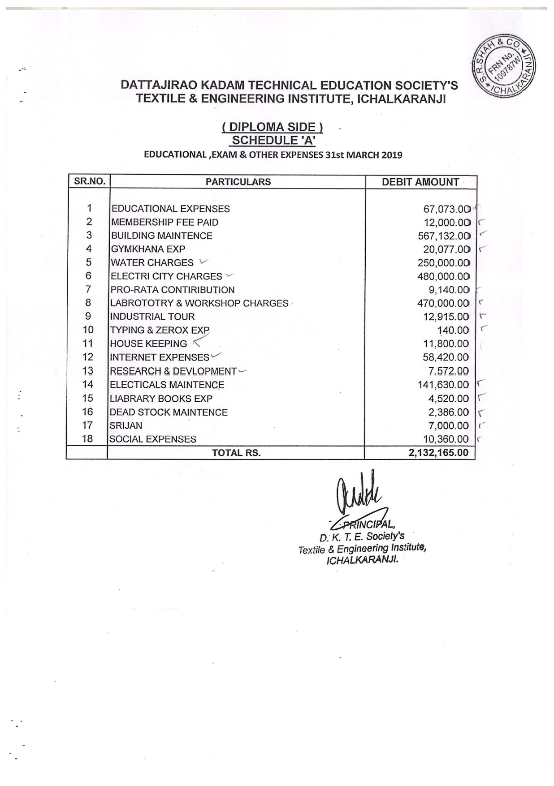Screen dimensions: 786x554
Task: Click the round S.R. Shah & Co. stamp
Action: (505, 65)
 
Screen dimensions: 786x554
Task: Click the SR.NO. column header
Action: (89, 181)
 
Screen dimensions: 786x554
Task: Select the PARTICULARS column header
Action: (238, 182)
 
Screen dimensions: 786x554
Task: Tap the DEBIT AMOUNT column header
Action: (420, 182)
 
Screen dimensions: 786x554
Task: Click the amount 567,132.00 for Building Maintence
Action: (444, 236)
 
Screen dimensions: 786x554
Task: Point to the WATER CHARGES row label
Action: (152, 263)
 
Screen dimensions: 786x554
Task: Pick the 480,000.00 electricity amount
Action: (443, 277)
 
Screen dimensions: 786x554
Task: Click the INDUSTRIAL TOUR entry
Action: (152, 317)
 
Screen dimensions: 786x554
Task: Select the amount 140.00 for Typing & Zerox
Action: (453, 331)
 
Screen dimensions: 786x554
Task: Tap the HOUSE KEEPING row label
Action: (148, 344)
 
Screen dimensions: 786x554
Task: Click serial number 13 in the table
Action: (88, 371)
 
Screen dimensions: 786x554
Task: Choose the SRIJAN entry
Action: (126, 425)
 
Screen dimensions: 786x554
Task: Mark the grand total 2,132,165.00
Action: (438, 453)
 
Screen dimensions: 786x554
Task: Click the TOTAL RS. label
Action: (236, 453)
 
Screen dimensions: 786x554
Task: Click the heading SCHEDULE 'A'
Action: (273, 140)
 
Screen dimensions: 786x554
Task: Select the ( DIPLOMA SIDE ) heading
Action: (273, 128)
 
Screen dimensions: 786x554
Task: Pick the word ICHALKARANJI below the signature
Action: (362, 560)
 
